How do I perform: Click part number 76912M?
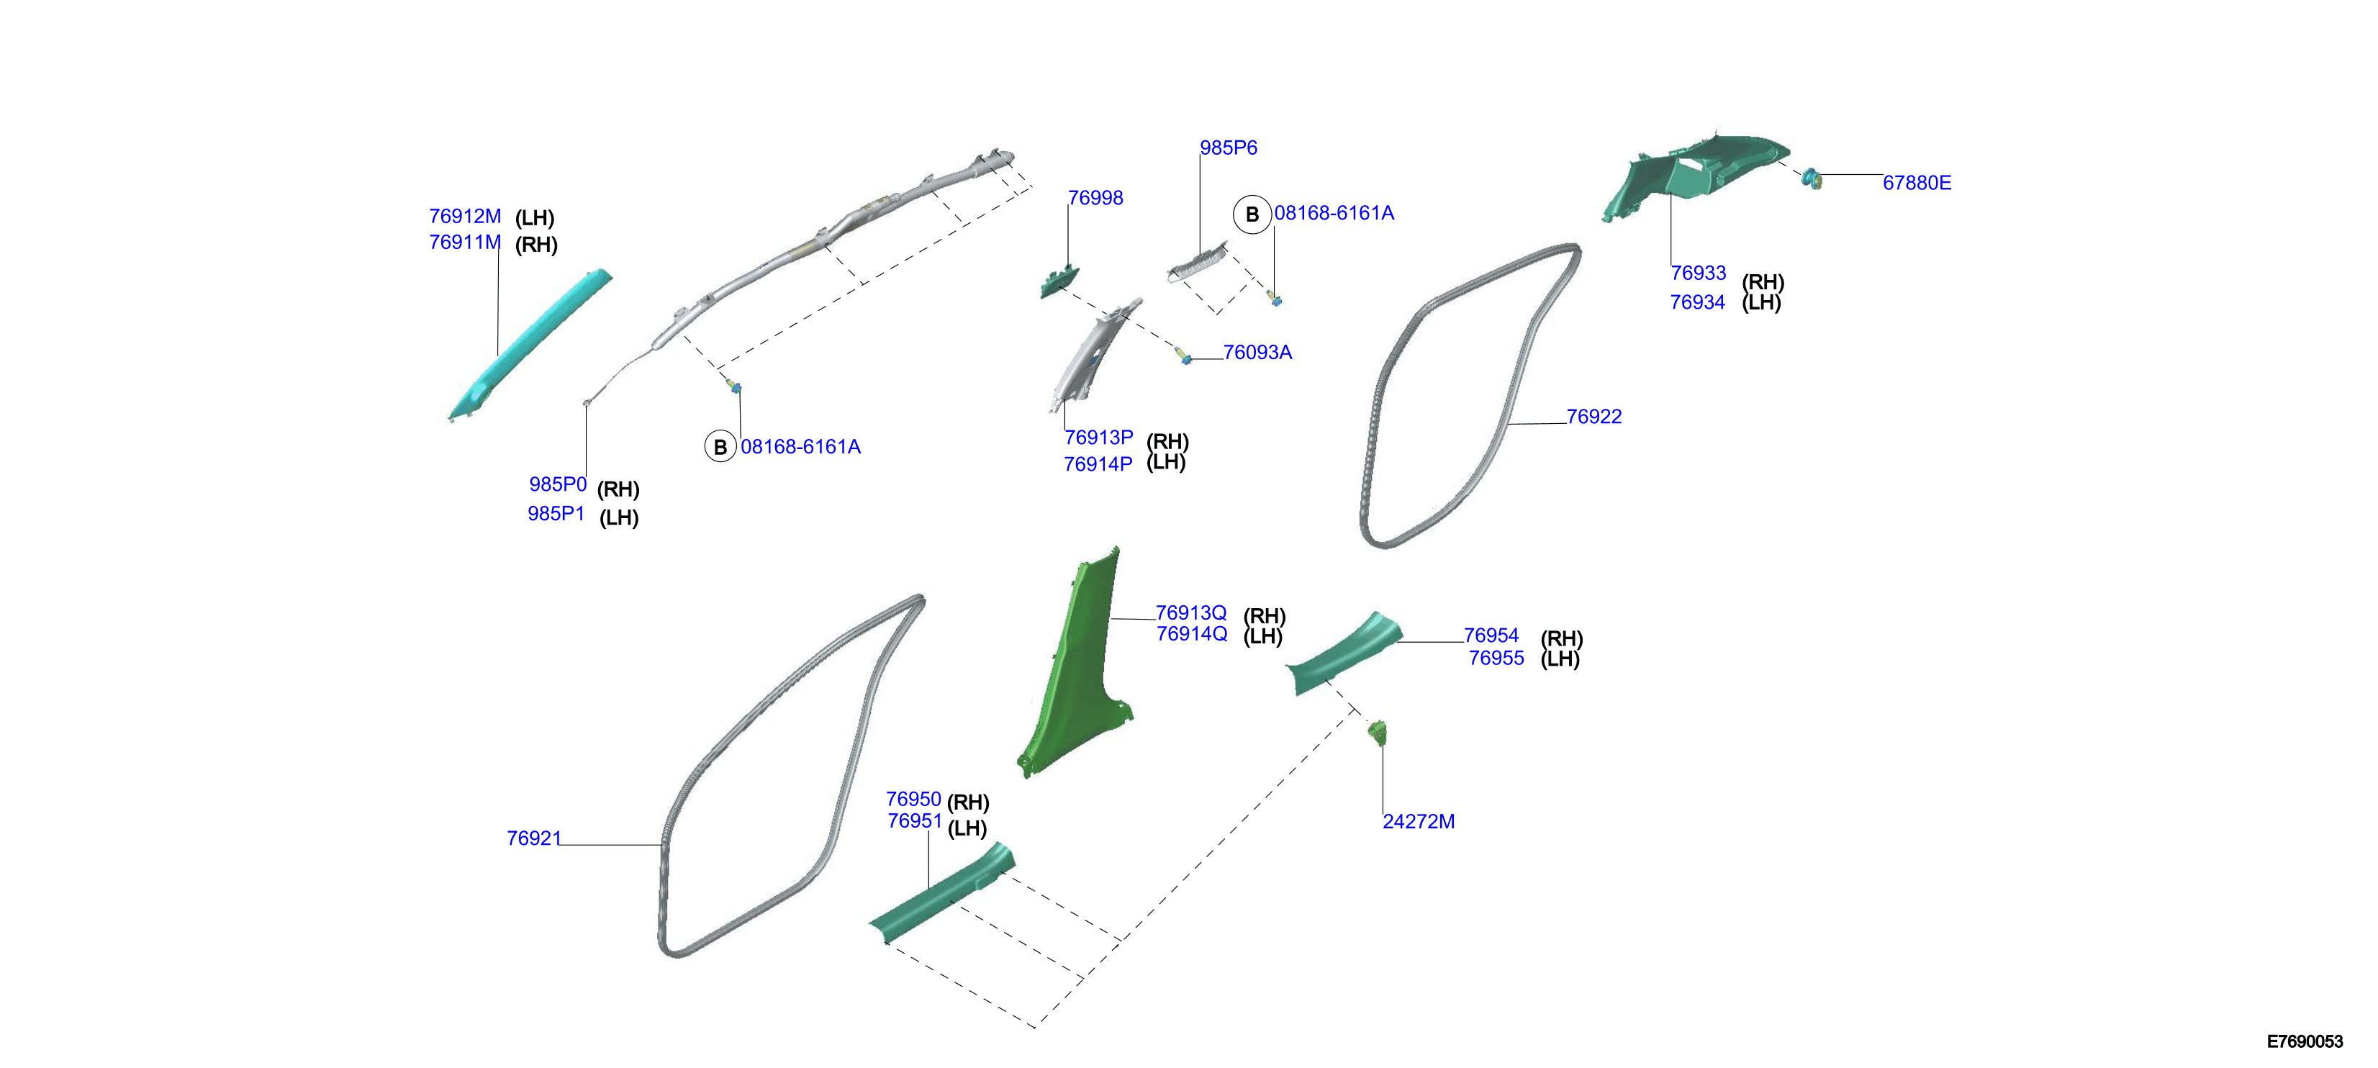pyautogui.click(x=464, y=216)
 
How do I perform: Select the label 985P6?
pyautogui.click(x=1228, y=148)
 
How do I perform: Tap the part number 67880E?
pyautogui.click(x=1917, y=183)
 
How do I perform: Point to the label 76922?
pyautogui.click(x=1593, y=416)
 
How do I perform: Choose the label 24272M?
pyautogui.click(x=1418, y=822)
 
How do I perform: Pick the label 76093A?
pyautogui.click(x=1257, y=353)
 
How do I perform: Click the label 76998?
pyautogui.click(x=1095, y=197)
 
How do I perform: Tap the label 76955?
pyautogui.click(x=1496, y=659)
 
